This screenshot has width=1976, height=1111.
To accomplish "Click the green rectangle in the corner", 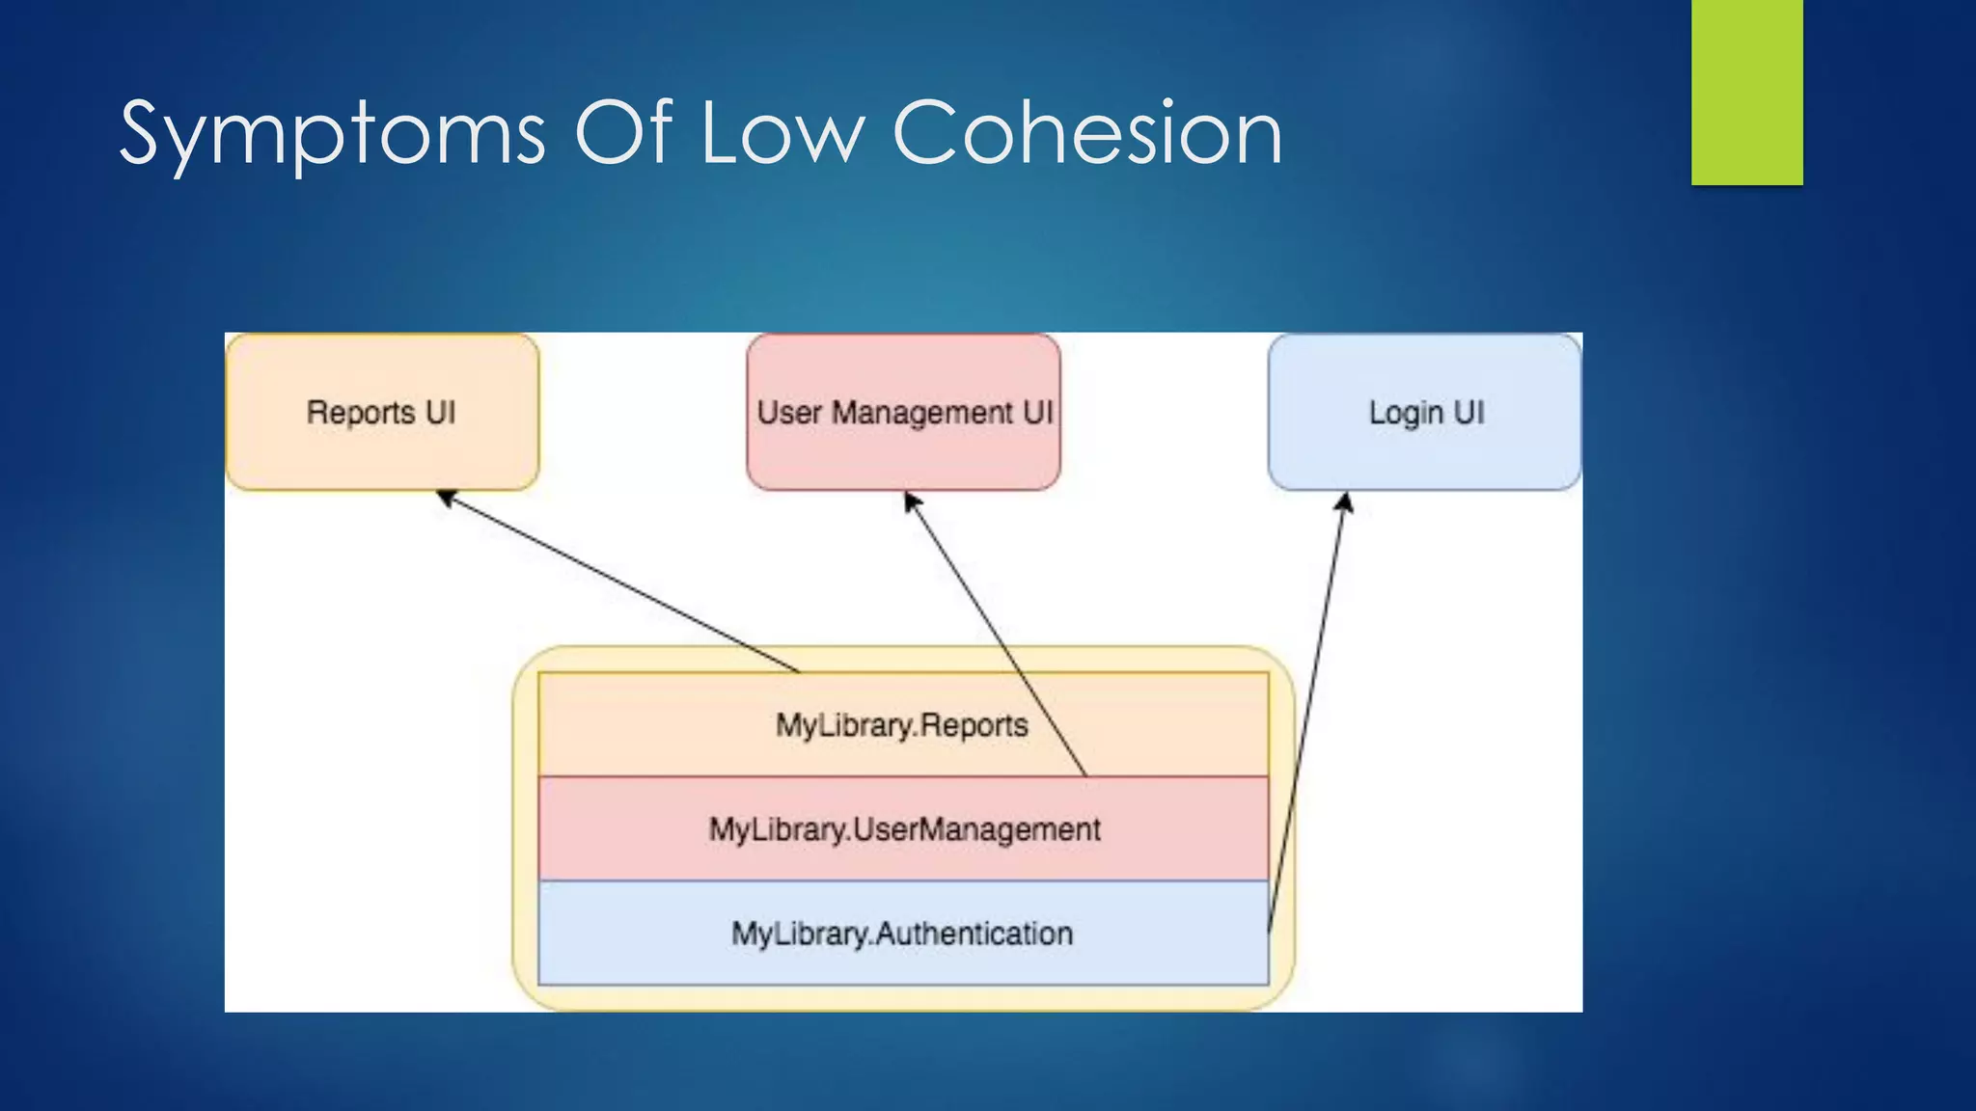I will click(x=1746, y=92).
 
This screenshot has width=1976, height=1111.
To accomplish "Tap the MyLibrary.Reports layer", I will click(x=675, y=725).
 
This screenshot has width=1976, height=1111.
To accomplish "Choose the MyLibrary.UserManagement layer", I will click(x=627, y=829).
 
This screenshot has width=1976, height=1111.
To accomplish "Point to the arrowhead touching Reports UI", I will click(x=446, y=498).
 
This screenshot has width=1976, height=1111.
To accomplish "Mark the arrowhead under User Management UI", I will click(x=911, y=501).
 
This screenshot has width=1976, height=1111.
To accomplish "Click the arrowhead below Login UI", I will click(x=1345, y=502).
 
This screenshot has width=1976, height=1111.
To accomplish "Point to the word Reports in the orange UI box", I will click(x=360, y=413).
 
